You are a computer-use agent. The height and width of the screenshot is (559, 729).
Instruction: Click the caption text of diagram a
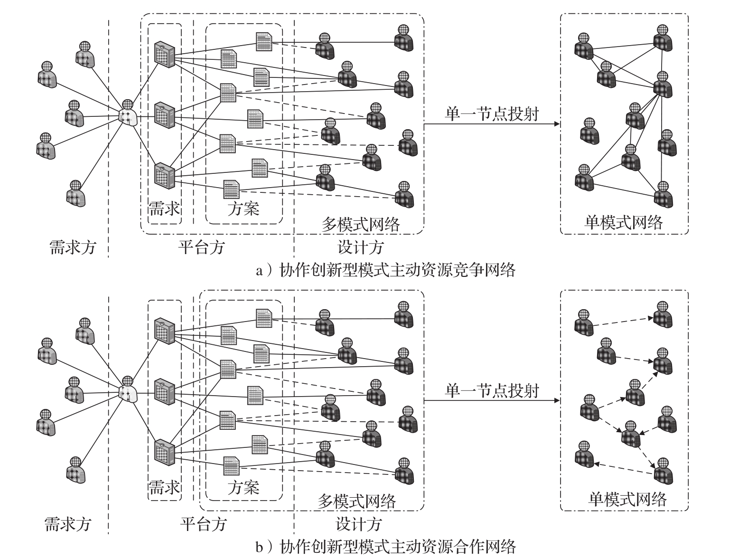pyautogui.click(x=385, y=270)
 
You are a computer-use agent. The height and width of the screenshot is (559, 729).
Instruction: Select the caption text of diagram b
pyautogui.click(x=385, y=547)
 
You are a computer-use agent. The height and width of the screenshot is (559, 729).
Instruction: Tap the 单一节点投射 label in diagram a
pyautogui.click(x=492, y=114)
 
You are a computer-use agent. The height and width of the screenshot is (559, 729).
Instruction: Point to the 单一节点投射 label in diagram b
pyautogui.click(x=492, y=390)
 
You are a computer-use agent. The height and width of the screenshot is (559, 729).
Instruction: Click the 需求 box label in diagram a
pyautogui.click(x=164, y=208)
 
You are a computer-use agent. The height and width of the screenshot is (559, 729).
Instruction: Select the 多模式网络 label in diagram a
pyautogui.click(x=361, y=223)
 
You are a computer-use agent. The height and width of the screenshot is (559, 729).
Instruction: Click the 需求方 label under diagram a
pyautogui.click(x=73, y=247)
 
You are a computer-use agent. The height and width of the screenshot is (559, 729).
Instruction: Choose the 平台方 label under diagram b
pyautogui.click(x=204, y=524)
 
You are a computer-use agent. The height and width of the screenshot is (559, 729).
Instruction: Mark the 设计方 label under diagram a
pyautogui.click(x=360, y=247)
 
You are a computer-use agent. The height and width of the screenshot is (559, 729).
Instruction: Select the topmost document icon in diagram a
pyautogui.click(x=264, y=41)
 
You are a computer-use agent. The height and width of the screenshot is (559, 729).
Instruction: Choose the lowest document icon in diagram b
pyautogui.click(x=231, y=465)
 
